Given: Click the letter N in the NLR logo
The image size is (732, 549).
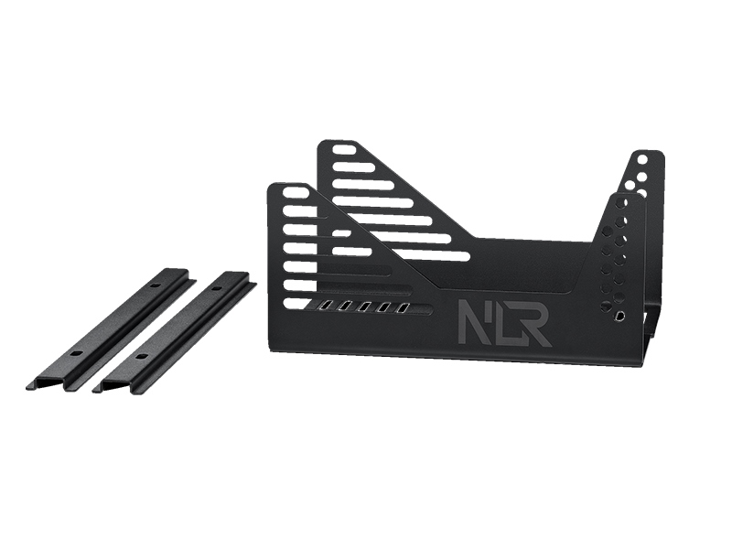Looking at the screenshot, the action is coord(473,322).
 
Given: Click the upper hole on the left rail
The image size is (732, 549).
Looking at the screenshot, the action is coord(156,285).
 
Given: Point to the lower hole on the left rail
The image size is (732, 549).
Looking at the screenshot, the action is coord(76,353).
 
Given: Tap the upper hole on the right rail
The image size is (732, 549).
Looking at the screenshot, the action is coord(216,289).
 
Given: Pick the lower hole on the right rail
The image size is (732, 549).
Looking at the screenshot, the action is coord(139,357).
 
